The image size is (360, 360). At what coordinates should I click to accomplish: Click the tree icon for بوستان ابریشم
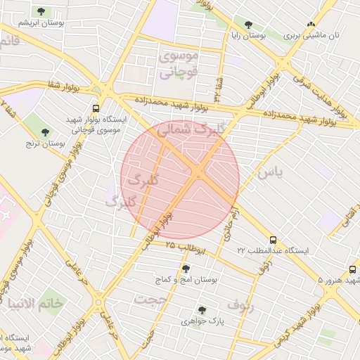pyautogui.click(x=41, y=11)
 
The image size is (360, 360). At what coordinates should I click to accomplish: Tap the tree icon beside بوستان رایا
pyautogui.click(x=248, y=23)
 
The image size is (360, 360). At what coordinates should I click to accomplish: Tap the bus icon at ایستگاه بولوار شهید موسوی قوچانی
pyautogui.click(x=96, y=108)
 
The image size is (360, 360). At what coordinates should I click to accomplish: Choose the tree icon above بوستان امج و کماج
pyautogui.click(x=186, y=268)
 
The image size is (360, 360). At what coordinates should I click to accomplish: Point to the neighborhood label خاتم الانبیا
pyautogui.click(x=34, y=303)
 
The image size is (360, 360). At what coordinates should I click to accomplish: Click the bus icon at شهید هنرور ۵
pyautogui.click(x=352, y=269)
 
